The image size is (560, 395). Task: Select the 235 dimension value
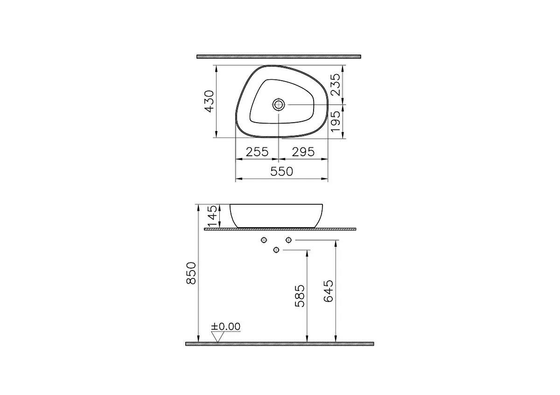[335, 85]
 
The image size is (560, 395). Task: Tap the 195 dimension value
[335, 122]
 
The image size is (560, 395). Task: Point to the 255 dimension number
[257, 152]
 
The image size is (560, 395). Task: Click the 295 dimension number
[303, 152]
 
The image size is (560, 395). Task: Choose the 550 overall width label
[281, 172]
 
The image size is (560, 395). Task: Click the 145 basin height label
[212, 217]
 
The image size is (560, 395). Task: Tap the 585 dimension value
[300, 296]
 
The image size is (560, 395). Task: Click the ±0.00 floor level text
[226, 327]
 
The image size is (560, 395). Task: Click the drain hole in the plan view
[279, 104]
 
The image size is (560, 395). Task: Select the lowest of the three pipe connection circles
[276, 250]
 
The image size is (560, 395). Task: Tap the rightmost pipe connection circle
[288, 240]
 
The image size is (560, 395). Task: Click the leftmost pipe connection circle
[264, 240]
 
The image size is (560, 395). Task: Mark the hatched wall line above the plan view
[279, 56]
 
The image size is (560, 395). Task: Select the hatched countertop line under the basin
[280, 229]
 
